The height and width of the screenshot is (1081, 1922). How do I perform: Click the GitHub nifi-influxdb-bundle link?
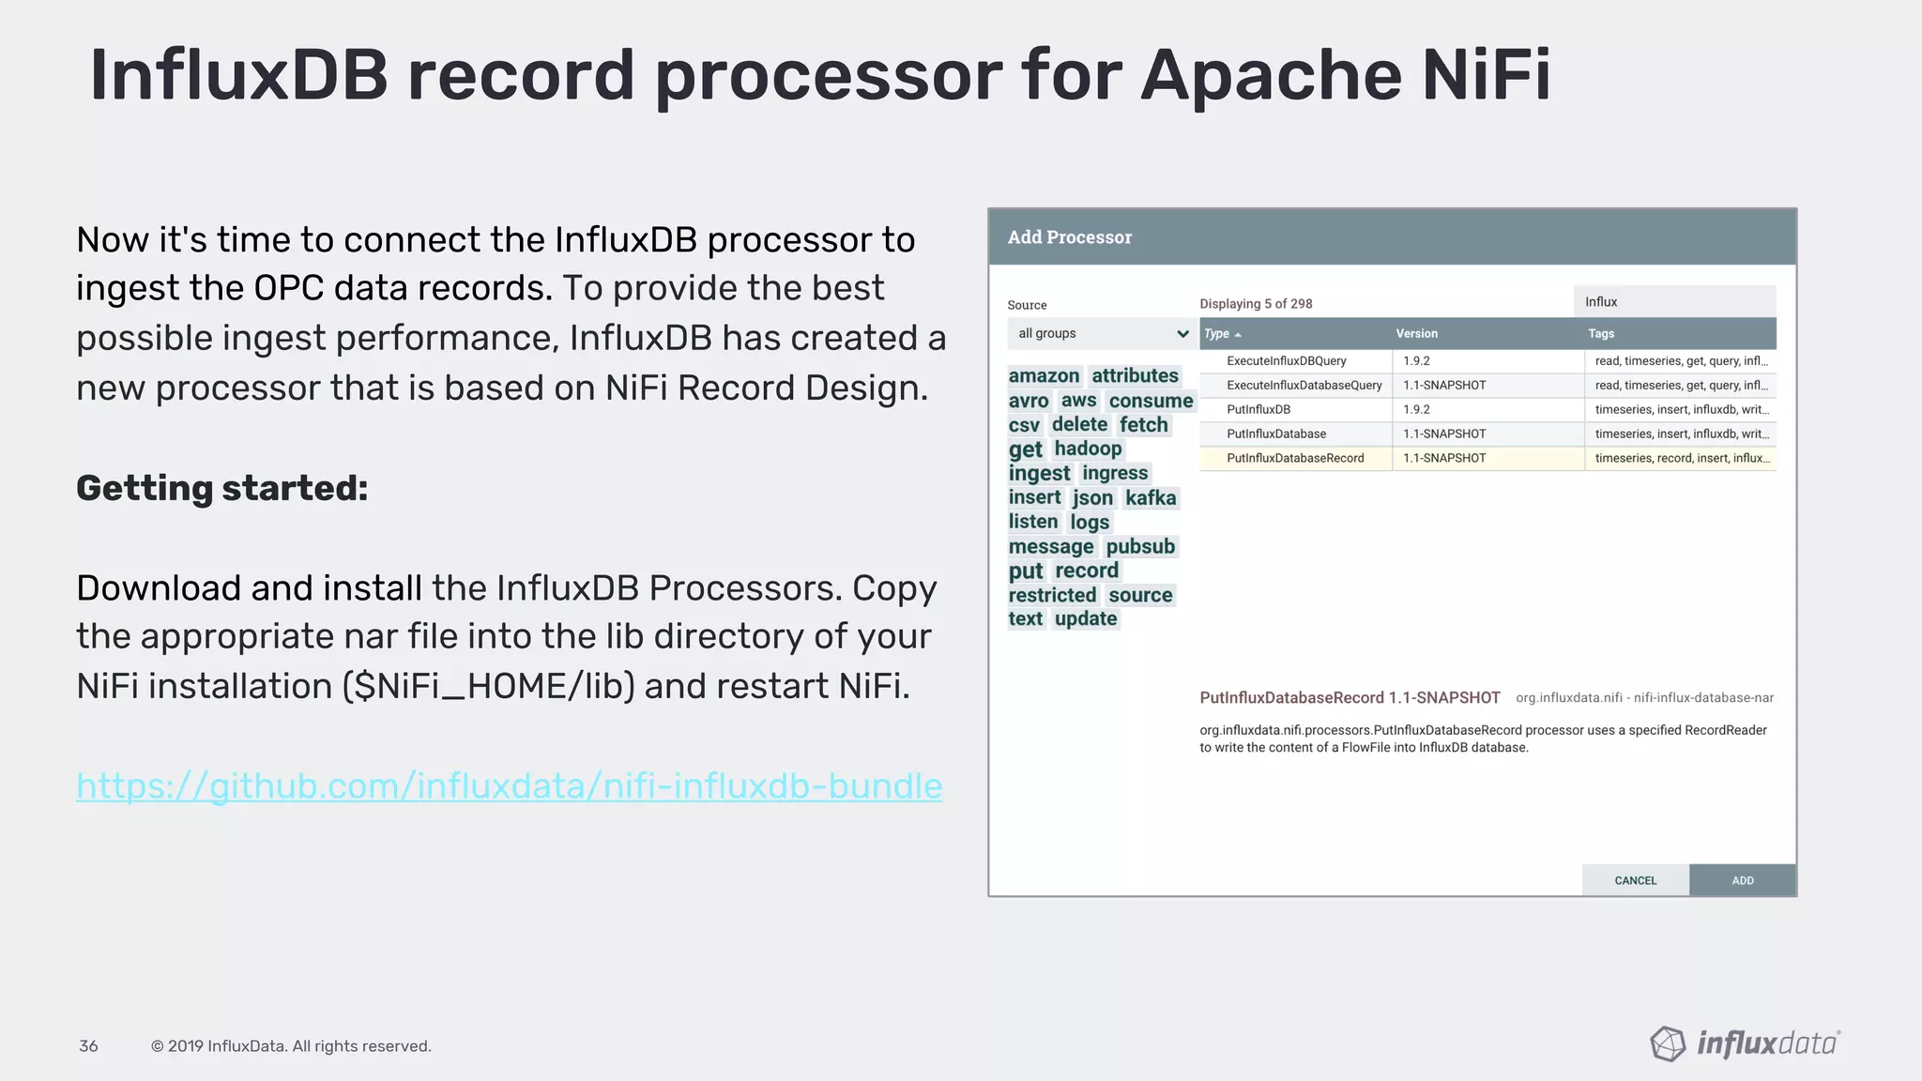coord(509,786)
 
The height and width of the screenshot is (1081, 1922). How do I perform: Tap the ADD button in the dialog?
coord(1742,880)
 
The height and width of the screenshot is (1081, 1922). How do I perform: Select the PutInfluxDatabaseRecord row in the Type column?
coord(1295,458)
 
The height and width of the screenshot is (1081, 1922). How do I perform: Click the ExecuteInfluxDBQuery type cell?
coord(1286,360)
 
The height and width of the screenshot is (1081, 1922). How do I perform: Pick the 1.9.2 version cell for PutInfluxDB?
coord(1416,409)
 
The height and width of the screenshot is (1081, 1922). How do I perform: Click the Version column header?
coord(1416,333)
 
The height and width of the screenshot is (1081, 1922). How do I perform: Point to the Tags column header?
coord(1601,333)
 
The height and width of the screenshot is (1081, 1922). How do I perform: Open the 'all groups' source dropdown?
coord(1102,333)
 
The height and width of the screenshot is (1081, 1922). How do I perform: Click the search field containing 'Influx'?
coord(1674,301)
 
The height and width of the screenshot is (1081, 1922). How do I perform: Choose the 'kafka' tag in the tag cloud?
coord(1151,497)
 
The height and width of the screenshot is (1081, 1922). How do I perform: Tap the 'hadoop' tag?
coord(1088,449)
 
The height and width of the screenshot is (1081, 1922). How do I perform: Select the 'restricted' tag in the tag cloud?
coord(1052,595)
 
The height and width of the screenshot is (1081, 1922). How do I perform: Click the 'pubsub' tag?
coord(1139,546)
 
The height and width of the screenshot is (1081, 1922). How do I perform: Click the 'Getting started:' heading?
coord(222,488)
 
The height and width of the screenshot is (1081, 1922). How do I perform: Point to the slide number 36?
coord(88,1045)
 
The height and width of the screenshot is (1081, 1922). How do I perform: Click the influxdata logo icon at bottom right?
coord(1668,1043)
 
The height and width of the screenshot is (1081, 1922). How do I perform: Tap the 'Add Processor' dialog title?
coord(1069,237)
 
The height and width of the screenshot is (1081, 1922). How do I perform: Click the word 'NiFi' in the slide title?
coord(1486,75)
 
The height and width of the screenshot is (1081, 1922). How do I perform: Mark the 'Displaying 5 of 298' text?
coord(1256,303)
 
